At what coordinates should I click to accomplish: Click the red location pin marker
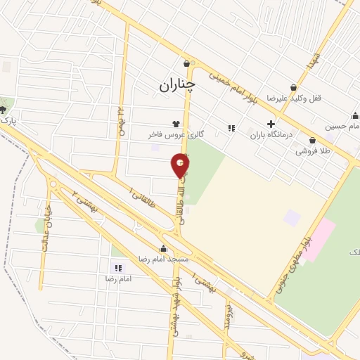[x=180, y=167]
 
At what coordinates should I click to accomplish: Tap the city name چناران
[x=175, y=85]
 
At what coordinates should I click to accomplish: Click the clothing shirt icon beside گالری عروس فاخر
[x=176, y=123]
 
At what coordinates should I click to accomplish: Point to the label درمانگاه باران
[x=270, y=134]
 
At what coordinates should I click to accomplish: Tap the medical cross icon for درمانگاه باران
[x=271, y=123]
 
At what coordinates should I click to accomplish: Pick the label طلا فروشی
[x=312, y=150]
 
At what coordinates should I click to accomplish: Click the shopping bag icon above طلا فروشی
[x=312, y=140]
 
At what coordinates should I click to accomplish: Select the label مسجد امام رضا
[x=163, y=258]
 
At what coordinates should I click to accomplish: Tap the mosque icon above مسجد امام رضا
[x=164, y=247]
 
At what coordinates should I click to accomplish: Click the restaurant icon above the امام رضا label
[x=117, y=268]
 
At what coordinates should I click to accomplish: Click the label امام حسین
[x=341, y=127]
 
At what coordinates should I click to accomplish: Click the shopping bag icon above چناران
[x=186, y=63]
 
